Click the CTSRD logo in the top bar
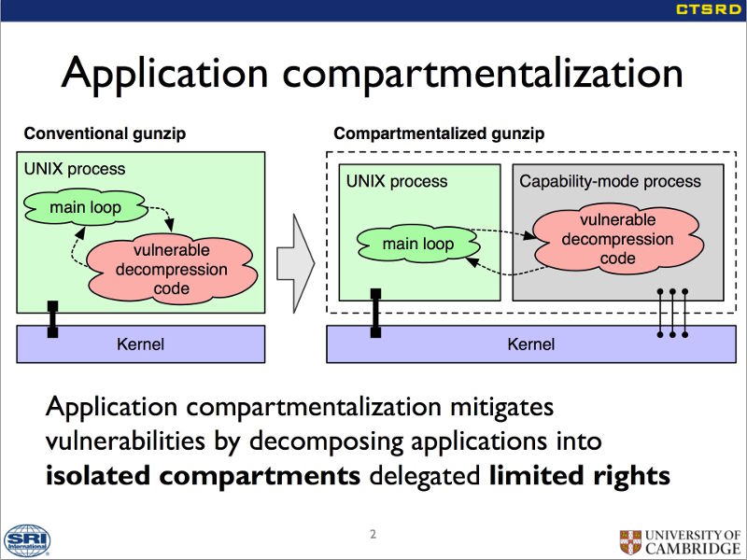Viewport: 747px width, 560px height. tap(709, 9)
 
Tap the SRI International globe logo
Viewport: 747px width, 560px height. tap(27, 541)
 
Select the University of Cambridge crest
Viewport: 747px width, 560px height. tap(630, 542)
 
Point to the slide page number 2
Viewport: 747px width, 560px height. tap(373, 534)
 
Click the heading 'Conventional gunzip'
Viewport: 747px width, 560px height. tap(105, 133)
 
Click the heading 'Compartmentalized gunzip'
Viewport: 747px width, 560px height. tap(439, 133)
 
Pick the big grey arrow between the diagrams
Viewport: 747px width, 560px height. tap(296, 263)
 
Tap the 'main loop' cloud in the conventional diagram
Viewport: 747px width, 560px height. tap(86, 207)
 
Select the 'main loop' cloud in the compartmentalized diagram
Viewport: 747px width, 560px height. tap(418, 244)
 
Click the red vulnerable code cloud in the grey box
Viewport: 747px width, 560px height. tap(617, 239)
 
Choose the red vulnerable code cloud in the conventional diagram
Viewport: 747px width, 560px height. tap(172, 269)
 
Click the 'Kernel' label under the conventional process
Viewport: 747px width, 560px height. tap(141, 344)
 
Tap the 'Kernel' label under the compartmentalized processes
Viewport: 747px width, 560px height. tap(531, 344)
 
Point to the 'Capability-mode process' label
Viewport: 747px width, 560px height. tap(611, 181)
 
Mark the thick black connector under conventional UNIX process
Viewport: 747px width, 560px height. tap(53, 319)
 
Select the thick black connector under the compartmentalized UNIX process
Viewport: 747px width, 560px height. tap(376, 313)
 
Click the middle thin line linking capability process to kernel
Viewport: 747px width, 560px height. tap(672, 313)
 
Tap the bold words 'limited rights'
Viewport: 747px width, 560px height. tap(579, 475)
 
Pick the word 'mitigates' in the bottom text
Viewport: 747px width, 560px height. tap(501, 407)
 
